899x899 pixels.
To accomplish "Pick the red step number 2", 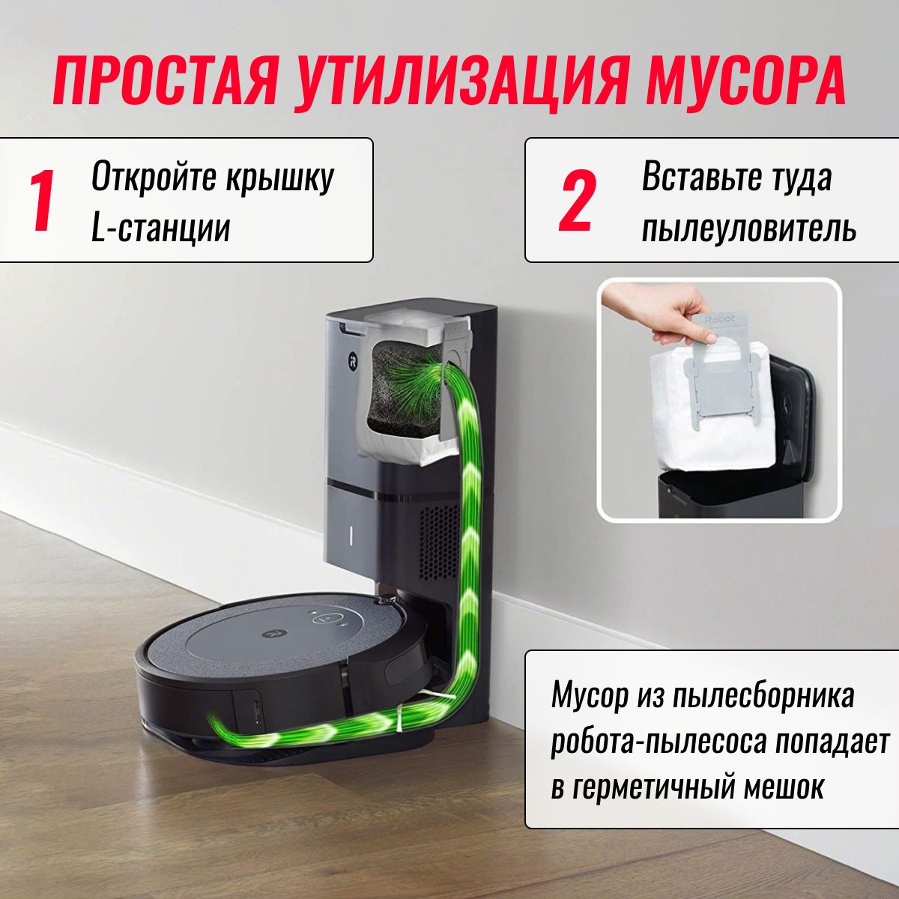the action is click(578, 200).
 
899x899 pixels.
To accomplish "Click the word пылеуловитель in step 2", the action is click(749, 228).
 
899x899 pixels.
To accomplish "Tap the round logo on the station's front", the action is click(352, 361).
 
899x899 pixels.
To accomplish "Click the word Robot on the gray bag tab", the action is click(721, 318).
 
